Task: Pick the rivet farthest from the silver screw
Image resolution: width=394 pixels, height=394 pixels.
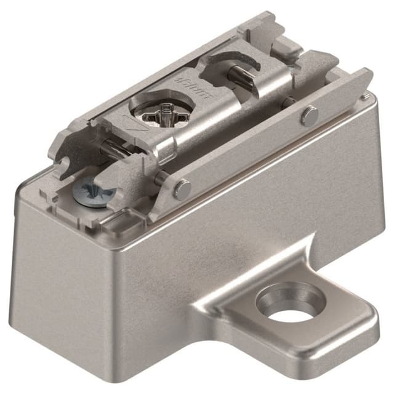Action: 309,115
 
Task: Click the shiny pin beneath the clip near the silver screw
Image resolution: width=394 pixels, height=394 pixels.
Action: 111,148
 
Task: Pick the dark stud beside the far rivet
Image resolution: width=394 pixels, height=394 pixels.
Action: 286,104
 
